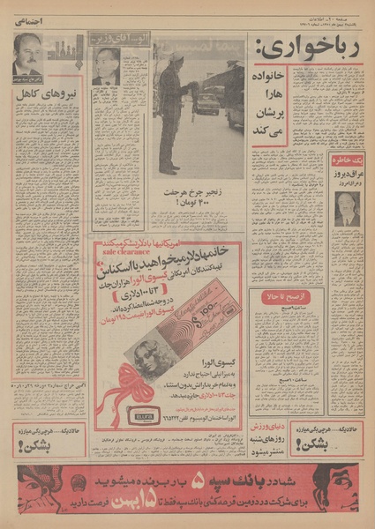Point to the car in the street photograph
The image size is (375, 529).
[x=207, y=103]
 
